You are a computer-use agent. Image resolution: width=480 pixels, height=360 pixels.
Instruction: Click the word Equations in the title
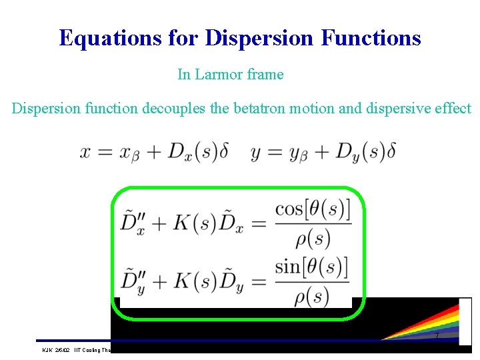pos(109,37)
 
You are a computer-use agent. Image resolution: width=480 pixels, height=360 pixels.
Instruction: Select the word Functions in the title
pos(371,37)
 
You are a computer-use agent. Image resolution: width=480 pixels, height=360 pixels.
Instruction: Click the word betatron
pos(259,108)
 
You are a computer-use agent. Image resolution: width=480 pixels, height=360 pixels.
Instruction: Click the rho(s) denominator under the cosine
pos(312,238)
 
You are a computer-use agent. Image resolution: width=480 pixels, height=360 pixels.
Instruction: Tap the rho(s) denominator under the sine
pos(312,295)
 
